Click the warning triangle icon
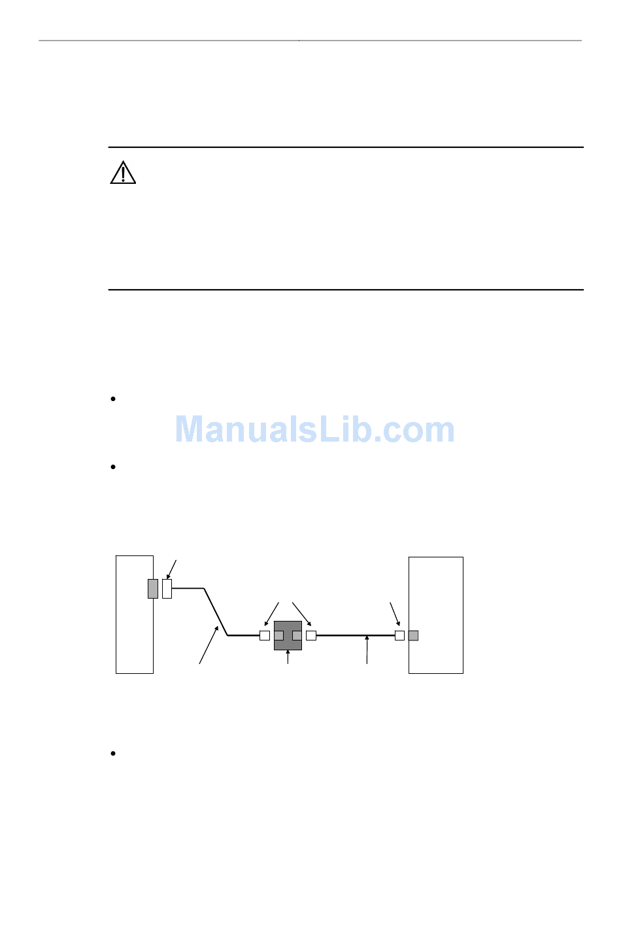click(x=123, y=173)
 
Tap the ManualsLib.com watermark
click(x=314, y=430)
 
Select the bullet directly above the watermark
click(x=113, y=399)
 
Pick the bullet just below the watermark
click(x=113, y=467)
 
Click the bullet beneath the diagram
click(x=113, y=754)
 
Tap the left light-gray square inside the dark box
click(x=278, y=635)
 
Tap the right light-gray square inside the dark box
click(x=297, y=635)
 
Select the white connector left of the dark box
click(x=265, y=635)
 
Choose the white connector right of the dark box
click(x=311, y=635)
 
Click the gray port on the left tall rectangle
click(x=153, y=589)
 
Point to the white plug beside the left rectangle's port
click(x=167, y=589)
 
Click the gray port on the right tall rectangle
click(x=413, y=635)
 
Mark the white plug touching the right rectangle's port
click(x=399, y=635)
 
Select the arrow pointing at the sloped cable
click(x=209, y=645)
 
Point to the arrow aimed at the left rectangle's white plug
click(x=172, y=569)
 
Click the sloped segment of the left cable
click(x=216, y=612)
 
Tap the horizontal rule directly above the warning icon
click(x=345, y=148)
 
